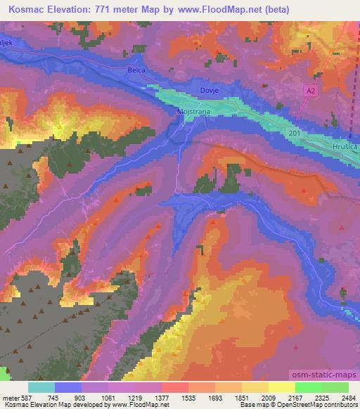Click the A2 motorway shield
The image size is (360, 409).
(x=311, y=91)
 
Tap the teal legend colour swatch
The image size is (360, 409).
(x=41, y=387)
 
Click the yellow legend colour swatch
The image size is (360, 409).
(x=281, y=387)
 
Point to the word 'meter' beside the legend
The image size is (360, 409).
(x=11, y=398)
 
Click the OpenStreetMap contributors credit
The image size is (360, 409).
(x=319, y=405)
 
